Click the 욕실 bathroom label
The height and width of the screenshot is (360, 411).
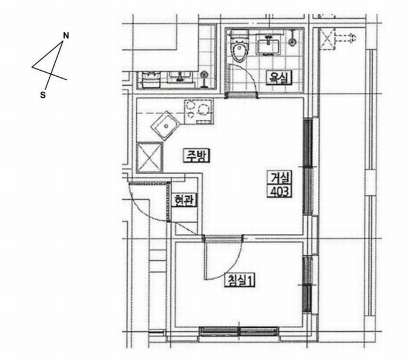pyautogui.click(x=279, y=78)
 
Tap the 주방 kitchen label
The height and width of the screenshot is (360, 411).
pyautogui.click(x=197, y=156)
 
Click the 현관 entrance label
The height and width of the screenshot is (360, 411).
pyautogui.click(x=184, y=200)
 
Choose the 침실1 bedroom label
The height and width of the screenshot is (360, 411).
pyautogui.click(x=240, y=280)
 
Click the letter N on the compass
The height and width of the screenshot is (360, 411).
pyautogui.click(x=66, y=35)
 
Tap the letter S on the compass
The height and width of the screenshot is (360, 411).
pyautogui.click(x=43, y=95)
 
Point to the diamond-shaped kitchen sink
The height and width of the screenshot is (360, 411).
pyautogui.click(x=165, y=126)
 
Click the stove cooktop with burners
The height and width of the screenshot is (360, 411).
pyautogui.click(x=199, y=111)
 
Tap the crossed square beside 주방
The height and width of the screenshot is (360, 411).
pyautogui.click(x=149, y=157)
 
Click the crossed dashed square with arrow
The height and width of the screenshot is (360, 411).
pyautogui.click(x=337, y=39)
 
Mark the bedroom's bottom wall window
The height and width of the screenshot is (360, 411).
pyautogui.click(x=239, y=331)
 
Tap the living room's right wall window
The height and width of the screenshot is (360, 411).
pyautogui.click(x=308, y=167)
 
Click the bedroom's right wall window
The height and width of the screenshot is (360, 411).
pyautogui.click(x=307, y=284)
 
